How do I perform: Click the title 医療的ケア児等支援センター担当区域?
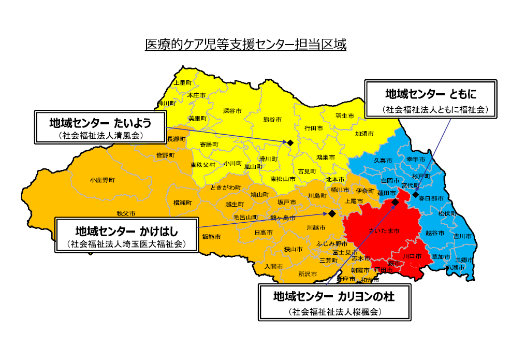point(245,45)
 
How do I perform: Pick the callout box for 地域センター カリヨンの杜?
point(333,303)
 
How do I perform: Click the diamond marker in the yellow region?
point(290,142)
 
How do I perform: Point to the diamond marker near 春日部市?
point(415,194)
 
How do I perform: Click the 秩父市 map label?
point(126,213)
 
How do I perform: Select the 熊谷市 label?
point(272,119)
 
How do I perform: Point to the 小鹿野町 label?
point(101,180)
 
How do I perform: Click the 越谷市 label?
point(435,234)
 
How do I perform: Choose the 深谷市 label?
point(232,110)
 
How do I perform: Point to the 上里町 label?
point(183,82)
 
